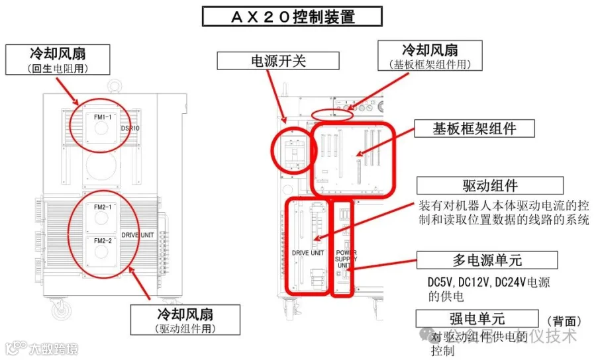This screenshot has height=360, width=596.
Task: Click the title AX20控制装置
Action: pyautogui.click(x=291, y=16)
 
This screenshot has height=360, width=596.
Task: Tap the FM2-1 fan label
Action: pyautogui.click(x=102, y=207)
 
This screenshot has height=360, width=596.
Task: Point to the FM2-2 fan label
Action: pyautogui.click(x=102, y=240)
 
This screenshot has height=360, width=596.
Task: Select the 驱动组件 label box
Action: pyautogui.click(x=491, y=185)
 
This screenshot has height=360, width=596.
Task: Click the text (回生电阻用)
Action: pyautogui.click(x=58, y=68)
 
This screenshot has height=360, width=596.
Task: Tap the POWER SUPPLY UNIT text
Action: pyautogui.click(x=346, y=259)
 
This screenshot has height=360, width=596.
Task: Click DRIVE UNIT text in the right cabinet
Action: pyautogui.click(x=308, y=253)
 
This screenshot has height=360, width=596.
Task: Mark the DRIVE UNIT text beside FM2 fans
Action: pyautogui.click(x=138, y=234)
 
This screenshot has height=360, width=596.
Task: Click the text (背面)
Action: pyautogui.click(x=565, y=320)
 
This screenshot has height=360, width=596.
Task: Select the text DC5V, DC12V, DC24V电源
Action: pyautogui.click(x=489, y=283)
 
